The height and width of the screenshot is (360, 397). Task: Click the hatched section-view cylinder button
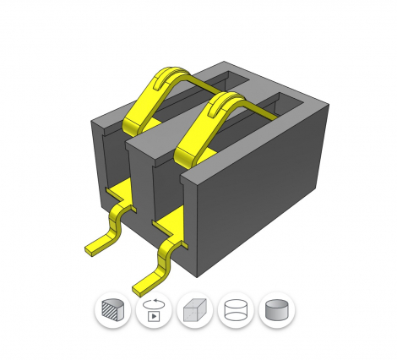(112, 310)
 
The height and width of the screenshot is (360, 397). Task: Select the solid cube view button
(195, 310)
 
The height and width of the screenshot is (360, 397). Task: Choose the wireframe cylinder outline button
(236, 310)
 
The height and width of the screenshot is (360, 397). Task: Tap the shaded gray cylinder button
(276, 310)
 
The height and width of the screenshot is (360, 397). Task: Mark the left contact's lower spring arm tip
(134, 127)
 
